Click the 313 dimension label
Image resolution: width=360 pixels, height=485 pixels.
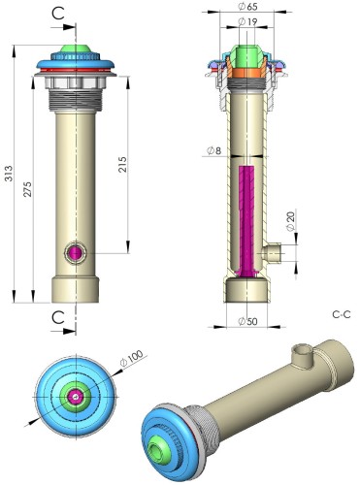9,174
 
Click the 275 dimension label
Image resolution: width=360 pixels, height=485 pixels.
28,189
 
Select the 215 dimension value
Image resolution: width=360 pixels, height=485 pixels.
122,164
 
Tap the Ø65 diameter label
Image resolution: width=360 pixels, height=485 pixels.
247,6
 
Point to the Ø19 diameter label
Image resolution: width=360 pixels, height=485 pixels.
247,21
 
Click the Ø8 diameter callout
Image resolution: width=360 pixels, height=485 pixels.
213,150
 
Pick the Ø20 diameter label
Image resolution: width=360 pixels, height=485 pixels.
291,221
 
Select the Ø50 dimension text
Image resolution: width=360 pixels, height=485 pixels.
247,321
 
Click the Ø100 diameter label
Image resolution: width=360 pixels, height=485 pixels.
131,358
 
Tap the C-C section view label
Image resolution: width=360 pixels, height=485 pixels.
342,314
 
